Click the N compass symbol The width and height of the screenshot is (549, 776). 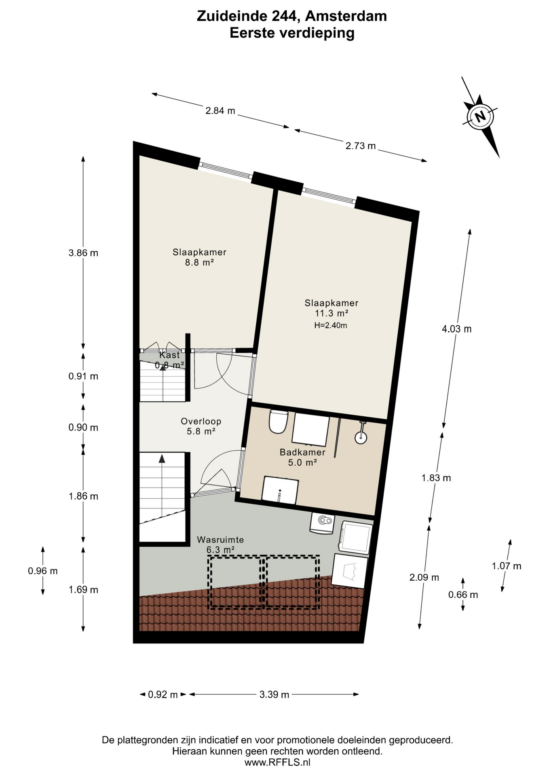(x=480, y=117)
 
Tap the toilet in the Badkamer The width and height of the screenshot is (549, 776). (x=278, y=421)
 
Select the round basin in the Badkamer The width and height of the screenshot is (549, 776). (x=361, y=436)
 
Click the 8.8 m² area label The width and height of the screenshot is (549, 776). (x=199, y=262)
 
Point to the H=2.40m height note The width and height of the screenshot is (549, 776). (x=331, y=325)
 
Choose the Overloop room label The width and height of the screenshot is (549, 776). (x=201, y=421)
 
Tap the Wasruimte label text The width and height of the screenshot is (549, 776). (x=220, y=540)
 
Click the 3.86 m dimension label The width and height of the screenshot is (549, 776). (x=83, y=253)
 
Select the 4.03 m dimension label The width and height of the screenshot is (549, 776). (x=457, y=329)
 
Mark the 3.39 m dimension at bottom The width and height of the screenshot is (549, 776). (x=274, y=695)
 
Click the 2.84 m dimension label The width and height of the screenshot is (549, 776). (x=220, y=111)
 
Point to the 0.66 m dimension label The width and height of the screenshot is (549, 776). (x=463, y=595)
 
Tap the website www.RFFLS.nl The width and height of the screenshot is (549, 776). (x=277, y=762)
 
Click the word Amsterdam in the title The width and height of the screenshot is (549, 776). (x=346, y=16)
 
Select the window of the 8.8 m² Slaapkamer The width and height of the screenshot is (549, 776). (x=227, y=170)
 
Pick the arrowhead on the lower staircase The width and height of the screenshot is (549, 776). (x=162, y=458)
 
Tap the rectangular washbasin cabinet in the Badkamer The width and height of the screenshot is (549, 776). (x=280, y=490)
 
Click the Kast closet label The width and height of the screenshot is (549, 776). (x=169, y=355)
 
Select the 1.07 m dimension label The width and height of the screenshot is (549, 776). (x=507, y=566)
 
